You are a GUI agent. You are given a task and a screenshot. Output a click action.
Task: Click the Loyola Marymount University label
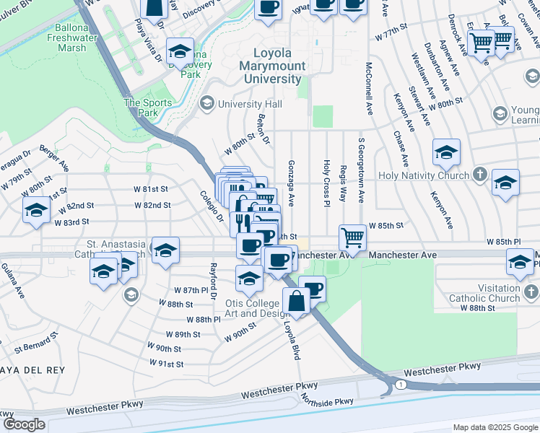pyautogui.click(x=277, y=66)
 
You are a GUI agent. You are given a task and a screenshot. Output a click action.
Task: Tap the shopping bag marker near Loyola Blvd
pyautogui.click(x=297, y=301)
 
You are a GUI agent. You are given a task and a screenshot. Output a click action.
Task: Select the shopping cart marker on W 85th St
pyautogui.click(x=352, y=237)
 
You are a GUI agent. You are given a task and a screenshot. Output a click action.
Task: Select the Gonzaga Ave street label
pyautogui.click(x=292, y=182)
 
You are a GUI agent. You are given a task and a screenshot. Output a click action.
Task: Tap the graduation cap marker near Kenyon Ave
pyautogui.click(x=447, y=153)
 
